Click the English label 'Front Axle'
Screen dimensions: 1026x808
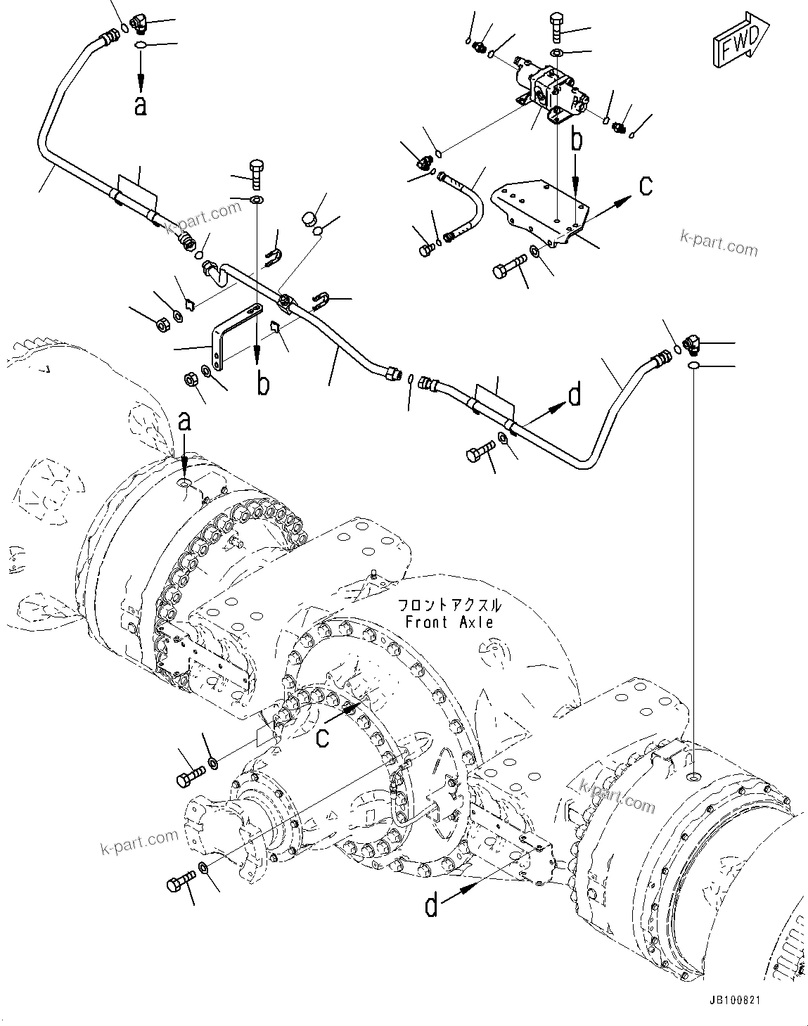(x=450, y=622)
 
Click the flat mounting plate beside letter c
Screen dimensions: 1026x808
(x=541, y=211)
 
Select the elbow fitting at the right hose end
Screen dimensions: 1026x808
(x=689, y=346)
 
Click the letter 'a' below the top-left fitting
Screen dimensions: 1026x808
(x=141, y=105)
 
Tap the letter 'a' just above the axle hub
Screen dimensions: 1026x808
(x=184, y=422)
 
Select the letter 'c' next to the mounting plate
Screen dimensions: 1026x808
(x=645, y=186)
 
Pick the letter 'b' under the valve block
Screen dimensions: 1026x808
(x=577, y=140)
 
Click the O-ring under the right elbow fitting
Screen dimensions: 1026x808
(x=692, y=366)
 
